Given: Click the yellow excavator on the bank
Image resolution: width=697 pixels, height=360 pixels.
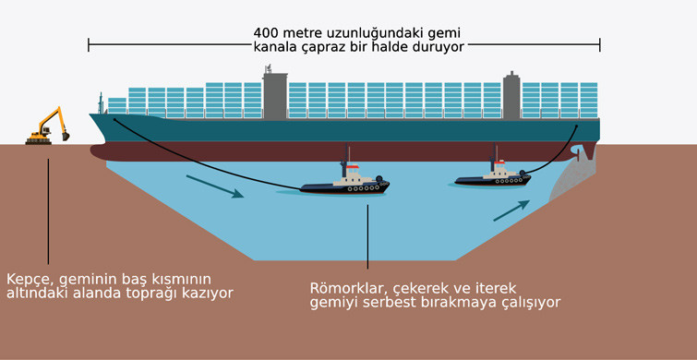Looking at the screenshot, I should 48,126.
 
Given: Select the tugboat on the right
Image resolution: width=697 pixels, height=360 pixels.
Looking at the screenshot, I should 495,175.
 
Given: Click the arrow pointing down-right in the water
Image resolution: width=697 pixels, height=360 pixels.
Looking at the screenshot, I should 214,186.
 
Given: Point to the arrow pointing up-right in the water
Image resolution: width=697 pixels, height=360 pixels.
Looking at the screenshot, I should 511,209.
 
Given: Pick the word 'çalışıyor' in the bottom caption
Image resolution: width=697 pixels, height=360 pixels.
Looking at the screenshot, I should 527,302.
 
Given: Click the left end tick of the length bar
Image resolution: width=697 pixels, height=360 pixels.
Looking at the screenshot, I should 89,44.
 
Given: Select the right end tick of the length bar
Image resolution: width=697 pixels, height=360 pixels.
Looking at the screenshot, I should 600,44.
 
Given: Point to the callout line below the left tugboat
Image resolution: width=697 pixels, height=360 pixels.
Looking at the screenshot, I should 367,236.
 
